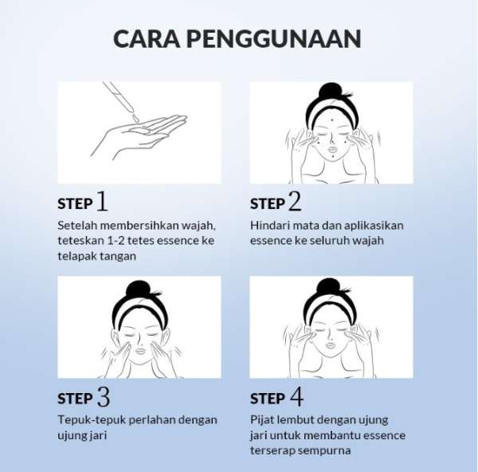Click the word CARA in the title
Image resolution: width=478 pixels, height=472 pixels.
point(147,39)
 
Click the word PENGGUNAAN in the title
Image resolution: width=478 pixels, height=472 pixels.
point(274,39)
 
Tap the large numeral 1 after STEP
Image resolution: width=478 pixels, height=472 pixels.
point(103,202)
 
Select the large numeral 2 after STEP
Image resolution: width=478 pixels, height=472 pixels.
point(295,202)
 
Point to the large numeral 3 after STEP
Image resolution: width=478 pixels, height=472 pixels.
point(104,396)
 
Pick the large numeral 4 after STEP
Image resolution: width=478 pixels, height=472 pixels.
point(296,396)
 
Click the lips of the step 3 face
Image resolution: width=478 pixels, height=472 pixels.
point(140,351)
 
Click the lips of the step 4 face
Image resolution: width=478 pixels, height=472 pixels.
point(330,344)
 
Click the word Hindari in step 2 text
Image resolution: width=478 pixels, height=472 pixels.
point(266,225)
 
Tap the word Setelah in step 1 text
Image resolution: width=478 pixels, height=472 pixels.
point(77,225)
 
